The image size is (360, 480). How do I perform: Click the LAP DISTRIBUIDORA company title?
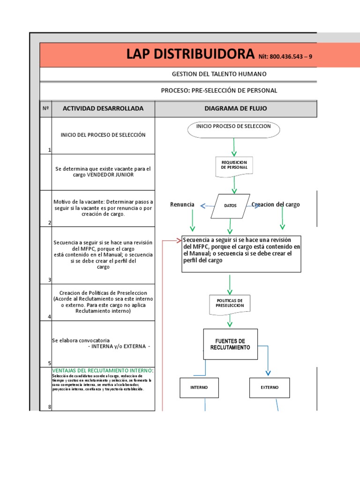pos(191,55)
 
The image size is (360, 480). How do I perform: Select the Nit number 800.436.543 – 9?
pos(285,57)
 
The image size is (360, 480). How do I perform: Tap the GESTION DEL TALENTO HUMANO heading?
pos(219,74)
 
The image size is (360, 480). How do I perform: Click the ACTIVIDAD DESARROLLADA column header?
pos(103,109)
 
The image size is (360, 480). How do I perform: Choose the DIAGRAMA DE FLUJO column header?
pos(235,109)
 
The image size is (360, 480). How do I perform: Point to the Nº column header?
pos(46,109)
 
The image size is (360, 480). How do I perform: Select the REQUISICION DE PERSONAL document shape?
pos(234,165)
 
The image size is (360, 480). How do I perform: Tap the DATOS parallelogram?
pos(230,206)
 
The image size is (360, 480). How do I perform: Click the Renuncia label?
pos(182,205)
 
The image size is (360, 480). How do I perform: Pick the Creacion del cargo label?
pos(276,205)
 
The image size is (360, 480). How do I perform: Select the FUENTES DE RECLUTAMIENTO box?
pos(230,344)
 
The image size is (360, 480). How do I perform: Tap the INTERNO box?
pos(199,388)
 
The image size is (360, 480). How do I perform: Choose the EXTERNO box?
pos(270,388)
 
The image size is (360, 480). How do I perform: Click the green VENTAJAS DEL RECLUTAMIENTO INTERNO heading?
pos(103,371)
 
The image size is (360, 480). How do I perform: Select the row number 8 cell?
pos(49,407)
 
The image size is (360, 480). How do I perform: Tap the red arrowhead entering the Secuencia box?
pos(179,240)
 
